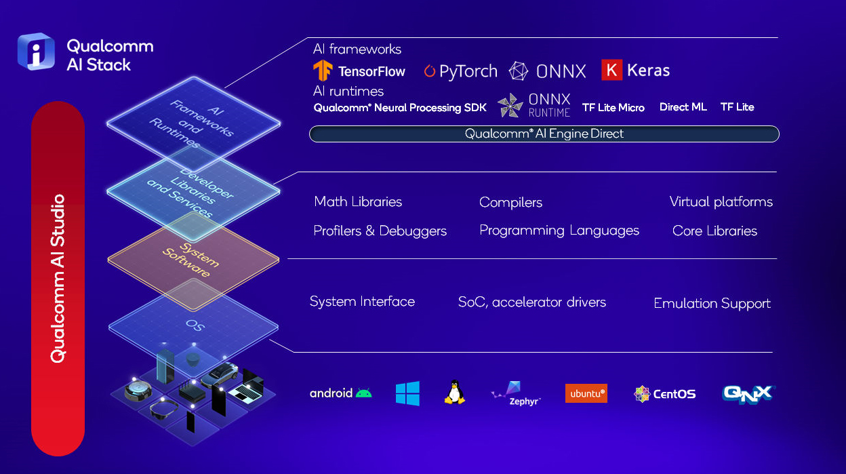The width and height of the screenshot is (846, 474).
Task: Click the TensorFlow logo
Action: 323,71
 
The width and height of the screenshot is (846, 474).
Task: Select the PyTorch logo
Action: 460,71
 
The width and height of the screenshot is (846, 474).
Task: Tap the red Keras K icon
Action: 611,71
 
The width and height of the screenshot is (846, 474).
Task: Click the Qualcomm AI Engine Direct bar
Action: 544,134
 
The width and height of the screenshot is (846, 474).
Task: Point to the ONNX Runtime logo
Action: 534,106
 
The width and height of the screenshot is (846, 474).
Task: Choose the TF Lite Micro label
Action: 613,107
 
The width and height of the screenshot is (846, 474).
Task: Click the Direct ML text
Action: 683,107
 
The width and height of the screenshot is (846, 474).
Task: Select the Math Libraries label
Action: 358,201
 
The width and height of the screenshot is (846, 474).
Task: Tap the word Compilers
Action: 510,202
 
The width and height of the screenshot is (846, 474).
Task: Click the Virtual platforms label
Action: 721,201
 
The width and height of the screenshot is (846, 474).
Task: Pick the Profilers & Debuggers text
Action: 380,231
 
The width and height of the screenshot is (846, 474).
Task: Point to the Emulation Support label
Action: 712,303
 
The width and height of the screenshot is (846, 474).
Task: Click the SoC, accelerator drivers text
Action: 531,302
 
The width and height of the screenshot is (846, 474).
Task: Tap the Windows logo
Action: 407,393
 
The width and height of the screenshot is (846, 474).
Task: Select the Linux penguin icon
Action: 454,393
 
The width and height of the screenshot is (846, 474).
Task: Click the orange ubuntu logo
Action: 586,393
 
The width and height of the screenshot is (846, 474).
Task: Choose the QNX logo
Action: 748,394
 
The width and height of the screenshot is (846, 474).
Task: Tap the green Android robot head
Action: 364,393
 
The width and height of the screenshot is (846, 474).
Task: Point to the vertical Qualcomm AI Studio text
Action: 58,278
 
